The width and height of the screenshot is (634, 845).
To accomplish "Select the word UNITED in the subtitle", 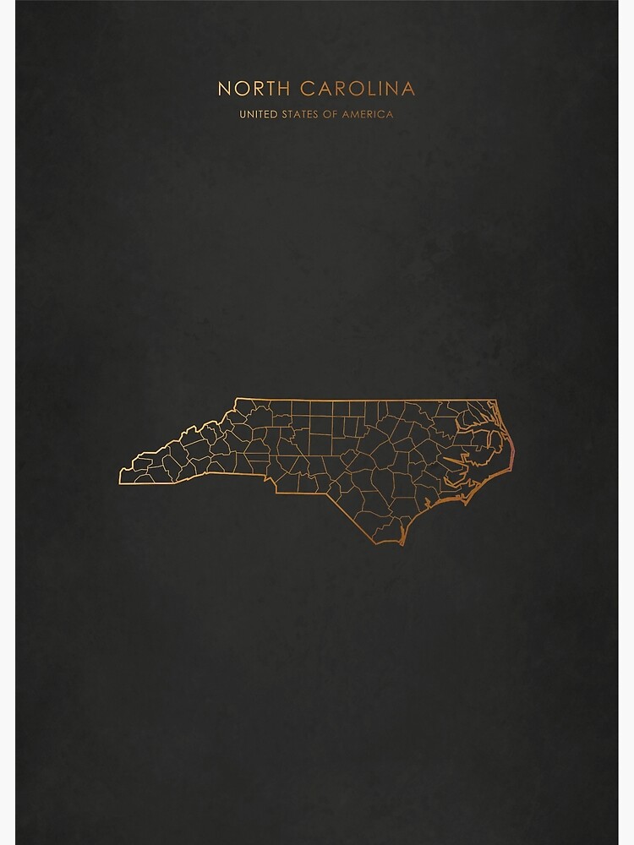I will click(258, 114).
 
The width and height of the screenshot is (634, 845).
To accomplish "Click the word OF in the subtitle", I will click(330, 114).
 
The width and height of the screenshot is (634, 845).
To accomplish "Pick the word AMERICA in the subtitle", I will click(368, 114).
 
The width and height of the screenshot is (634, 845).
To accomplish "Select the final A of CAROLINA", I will click(408, 88).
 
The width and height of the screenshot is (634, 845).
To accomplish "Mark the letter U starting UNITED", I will click(243, 114).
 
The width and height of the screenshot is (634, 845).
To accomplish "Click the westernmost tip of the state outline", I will click(119, 481).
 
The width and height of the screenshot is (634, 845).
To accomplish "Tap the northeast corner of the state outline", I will click(496, 401).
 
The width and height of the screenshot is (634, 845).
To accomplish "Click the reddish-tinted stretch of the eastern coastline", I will click(511, 452).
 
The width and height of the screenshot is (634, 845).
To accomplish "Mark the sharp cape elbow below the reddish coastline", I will click(510, 467).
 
